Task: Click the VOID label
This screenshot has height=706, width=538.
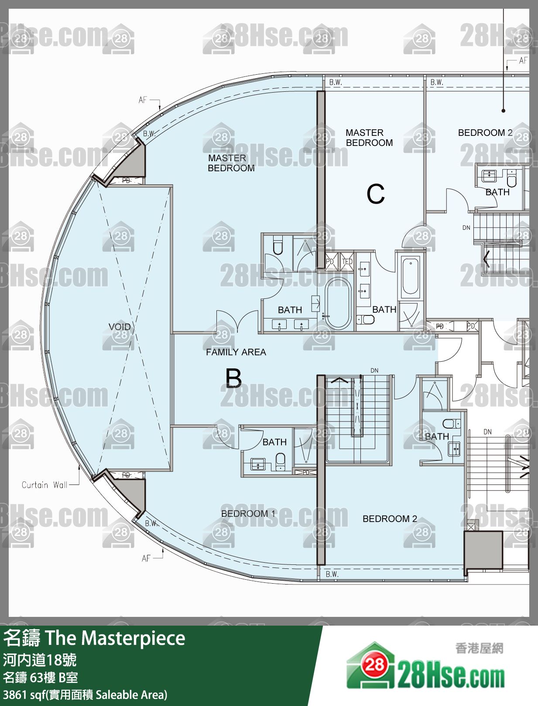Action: [120, 326]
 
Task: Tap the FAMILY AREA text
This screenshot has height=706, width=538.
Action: [236, 352]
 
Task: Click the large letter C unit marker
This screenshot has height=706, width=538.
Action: [376, 194]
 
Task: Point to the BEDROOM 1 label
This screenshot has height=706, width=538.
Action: [248, 513]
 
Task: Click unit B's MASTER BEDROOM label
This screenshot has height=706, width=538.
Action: [231, 163]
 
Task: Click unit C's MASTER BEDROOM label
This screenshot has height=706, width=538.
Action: [369, 138]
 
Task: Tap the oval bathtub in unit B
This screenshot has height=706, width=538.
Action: [338, 303]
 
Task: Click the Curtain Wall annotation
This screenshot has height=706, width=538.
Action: [45, 485]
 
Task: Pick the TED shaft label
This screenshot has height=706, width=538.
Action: [347, 262]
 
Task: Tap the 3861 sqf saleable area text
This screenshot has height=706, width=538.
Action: [85, 695]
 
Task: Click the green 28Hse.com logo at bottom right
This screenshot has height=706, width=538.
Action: [425, 669]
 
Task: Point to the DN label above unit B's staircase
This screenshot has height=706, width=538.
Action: [374, 370]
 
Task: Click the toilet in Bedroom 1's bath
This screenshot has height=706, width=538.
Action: [281, 461]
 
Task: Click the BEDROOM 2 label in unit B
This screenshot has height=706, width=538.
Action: [390, 519]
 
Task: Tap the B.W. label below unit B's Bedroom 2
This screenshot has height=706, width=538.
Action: [332, 574]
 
